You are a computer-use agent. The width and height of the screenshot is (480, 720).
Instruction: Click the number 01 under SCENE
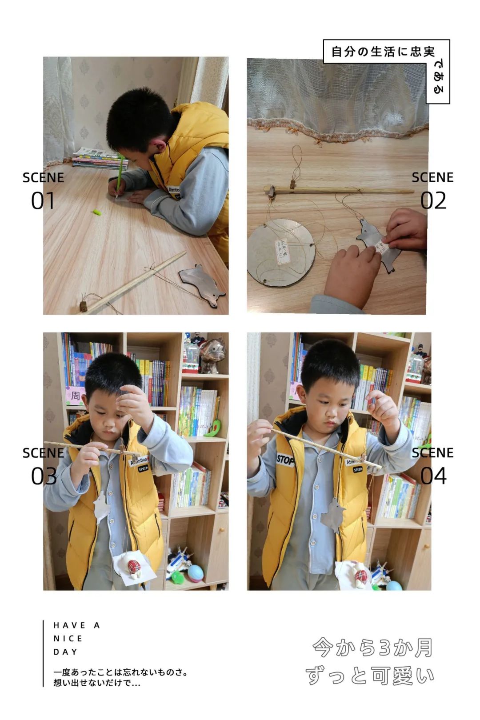43,200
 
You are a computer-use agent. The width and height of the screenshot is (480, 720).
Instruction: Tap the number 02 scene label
433,200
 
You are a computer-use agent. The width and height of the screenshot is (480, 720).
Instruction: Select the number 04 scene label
433,476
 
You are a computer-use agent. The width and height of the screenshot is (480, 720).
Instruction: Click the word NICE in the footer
68,639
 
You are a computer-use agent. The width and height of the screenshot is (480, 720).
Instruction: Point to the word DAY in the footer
65,652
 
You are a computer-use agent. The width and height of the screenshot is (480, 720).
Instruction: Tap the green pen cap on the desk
96,212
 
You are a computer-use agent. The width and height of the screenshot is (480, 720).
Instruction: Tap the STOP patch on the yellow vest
285,460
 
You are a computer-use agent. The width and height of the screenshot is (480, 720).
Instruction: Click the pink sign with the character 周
75,395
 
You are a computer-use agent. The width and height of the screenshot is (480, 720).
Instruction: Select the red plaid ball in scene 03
134,567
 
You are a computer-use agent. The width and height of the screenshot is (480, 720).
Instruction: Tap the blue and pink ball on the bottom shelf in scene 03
196,573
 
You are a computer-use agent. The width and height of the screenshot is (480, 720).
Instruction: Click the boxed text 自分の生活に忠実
383,52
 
